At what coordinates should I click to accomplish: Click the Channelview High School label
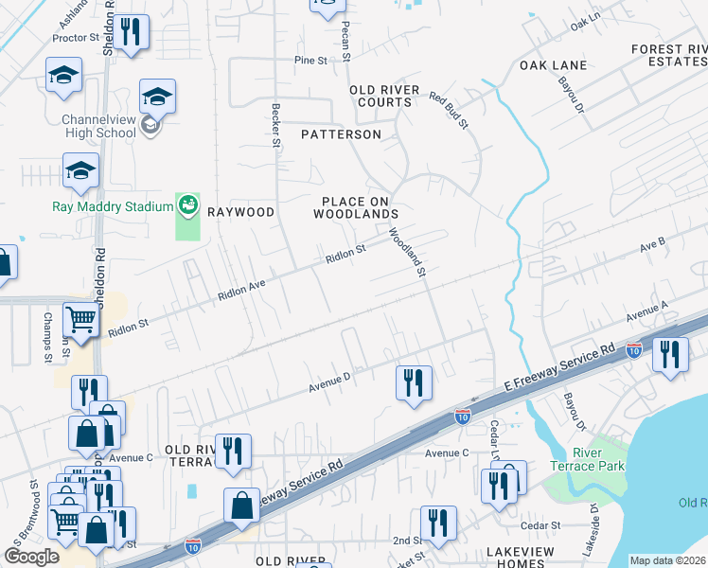pyautogui.click(x=99, y=126)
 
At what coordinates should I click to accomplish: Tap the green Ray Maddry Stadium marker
pyautogui.click(x=188, y=204)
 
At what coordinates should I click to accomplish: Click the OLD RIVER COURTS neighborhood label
pyautogui.click(x=384, y=97)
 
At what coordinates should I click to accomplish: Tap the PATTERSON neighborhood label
pyautogui.click(x=341, y=134)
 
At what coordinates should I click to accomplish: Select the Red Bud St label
pyautogui.click(x=449, y=111)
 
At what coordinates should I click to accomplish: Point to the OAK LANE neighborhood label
pyautogui.click(x=553, y=65)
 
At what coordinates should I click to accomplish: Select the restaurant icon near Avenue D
pyautogui.click(x=414, y=382)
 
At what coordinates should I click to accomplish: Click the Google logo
pyautogui.click(x=31, y=557)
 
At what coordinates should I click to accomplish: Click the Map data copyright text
pyautogui.click(x=666, y=560)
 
